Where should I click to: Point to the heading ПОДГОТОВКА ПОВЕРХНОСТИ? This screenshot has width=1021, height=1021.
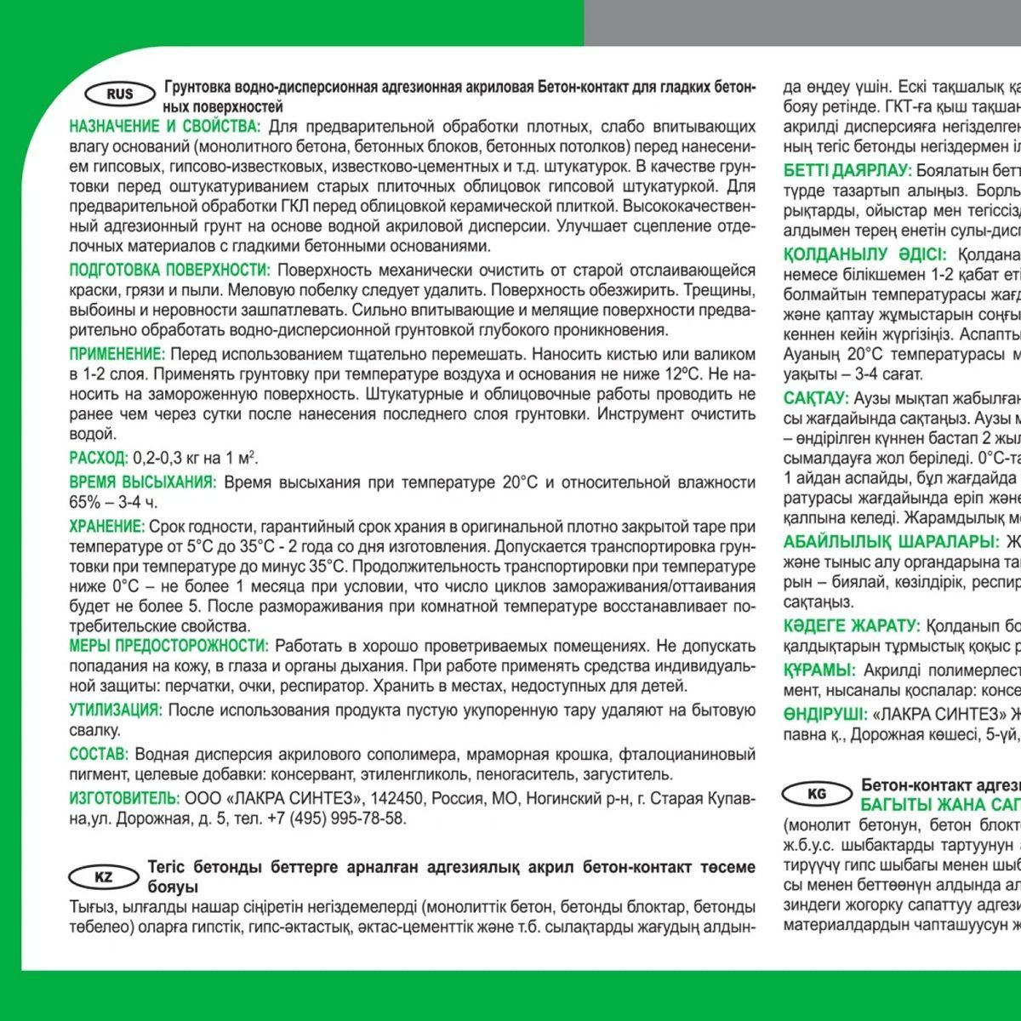click(169, 271)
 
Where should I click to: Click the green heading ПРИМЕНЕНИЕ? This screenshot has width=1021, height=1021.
click(117, 354)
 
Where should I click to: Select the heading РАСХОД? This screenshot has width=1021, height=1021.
click(99, 459)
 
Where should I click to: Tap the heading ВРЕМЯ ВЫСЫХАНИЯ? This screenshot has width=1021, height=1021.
click(143, 482)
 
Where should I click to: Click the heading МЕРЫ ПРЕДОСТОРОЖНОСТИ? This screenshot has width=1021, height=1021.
click(168, 646)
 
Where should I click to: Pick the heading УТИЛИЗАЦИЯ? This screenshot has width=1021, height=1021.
click(115, 710)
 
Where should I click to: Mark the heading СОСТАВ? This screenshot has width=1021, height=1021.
click(99, 754)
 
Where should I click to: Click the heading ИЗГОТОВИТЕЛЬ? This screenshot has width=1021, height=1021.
click(124, 798)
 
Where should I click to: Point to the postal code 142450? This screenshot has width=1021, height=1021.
click(399, 798)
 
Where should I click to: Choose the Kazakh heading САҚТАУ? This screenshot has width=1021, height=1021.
click(816, 398)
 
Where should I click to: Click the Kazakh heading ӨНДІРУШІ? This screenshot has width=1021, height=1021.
click(823, 714)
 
